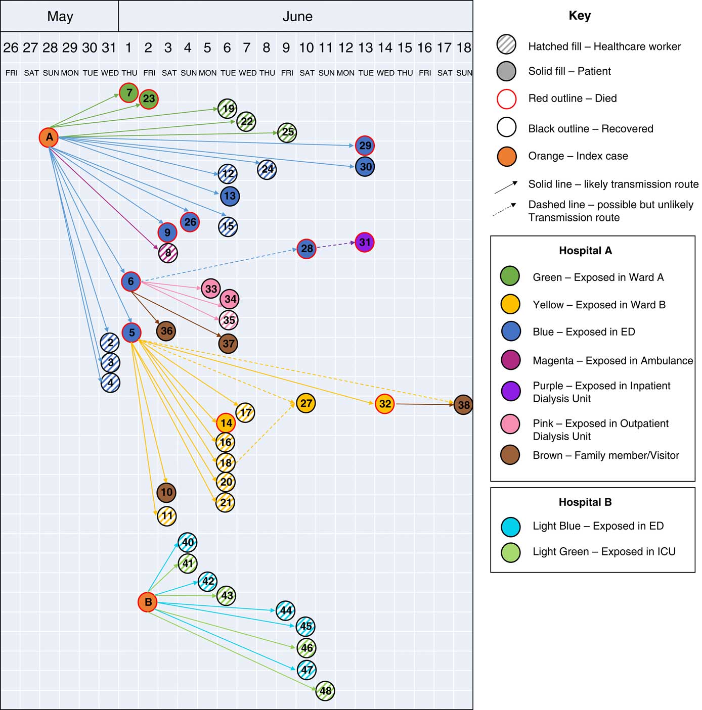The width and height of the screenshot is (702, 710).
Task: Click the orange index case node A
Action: [x=49, y=137]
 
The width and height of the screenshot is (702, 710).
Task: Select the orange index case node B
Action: [x=148, y=602]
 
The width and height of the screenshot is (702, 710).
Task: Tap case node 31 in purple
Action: [x=365, y=243]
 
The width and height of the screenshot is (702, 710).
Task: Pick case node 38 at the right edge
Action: [x=463, y=405]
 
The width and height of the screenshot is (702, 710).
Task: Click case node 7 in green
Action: [x=129, y=92]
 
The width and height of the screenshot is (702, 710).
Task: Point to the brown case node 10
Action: [x=166, y=492]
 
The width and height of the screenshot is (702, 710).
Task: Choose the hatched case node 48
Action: [x=325, y=690]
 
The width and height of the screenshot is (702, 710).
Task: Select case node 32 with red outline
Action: [x=385, y=404]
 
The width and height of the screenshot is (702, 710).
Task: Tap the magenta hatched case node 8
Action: [x=168, y=253]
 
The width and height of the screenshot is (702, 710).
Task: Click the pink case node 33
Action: [x=211, y=289]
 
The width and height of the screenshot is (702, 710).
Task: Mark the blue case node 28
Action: [x=306, y=249]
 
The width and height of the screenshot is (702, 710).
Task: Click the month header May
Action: [x=60, y=17]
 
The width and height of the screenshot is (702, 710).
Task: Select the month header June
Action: [x=297, y=17]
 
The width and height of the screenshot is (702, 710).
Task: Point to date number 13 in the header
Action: [x=365, y=48]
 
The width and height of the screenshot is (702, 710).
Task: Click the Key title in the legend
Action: [x=580, y=16]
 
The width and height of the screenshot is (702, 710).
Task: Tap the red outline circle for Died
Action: [x=507, y=99]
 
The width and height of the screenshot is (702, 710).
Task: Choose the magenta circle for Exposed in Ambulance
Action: [x=510, y=360]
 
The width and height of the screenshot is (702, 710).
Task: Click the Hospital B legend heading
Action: [x=585, y=502]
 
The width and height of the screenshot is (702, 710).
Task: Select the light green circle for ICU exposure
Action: [x=511, y=552]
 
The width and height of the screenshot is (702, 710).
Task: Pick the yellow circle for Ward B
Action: [x=510, y=304]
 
